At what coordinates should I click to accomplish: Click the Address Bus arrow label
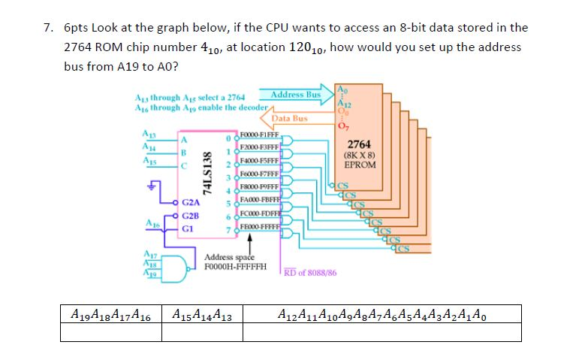(296, 95)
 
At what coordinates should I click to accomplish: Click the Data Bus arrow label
(289, 118)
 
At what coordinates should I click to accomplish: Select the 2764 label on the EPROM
(354, 144)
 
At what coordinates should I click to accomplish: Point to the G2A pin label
(191, 202)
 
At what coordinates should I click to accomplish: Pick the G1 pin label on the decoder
(189, 228)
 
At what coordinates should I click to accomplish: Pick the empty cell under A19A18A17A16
(110, 331)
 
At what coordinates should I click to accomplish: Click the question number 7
(47, 28)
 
